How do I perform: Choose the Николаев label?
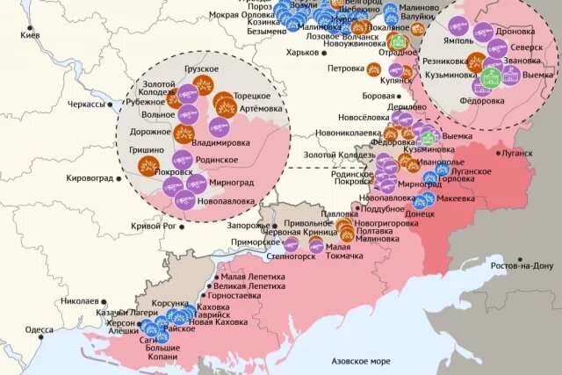pos(80,300)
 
